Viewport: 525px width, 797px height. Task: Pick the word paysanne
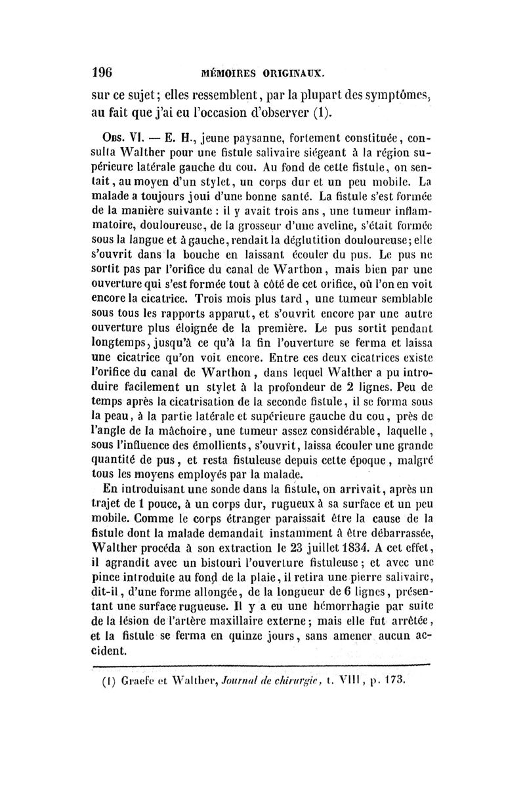point(237,140)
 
